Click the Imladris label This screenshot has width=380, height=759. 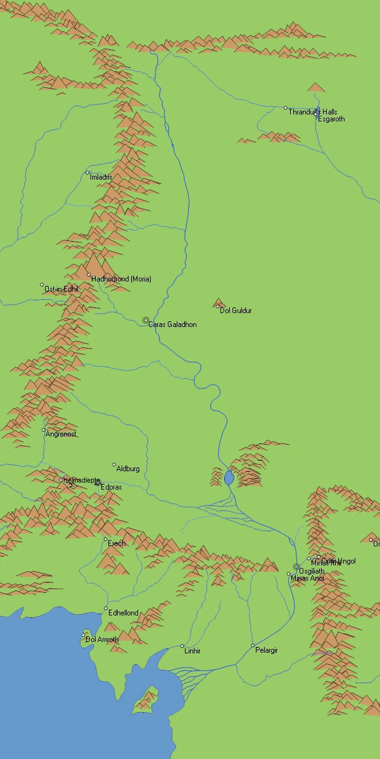101,177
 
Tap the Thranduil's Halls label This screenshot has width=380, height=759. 313,111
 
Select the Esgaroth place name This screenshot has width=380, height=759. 331,119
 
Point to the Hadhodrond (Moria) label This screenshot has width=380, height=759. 121,279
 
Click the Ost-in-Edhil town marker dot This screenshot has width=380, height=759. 42,285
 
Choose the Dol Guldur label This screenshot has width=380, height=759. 236,311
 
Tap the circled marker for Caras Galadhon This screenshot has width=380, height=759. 146,321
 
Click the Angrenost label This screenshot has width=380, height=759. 61,435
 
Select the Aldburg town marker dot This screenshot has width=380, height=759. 114,465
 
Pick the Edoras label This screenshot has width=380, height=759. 111,488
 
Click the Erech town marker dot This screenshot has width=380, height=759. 106,540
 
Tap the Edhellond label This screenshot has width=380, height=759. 123,613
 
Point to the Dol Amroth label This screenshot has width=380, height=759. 102,639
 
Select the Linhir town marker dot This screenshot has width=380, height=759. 182,646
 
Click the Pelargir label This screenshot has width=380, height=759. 267,650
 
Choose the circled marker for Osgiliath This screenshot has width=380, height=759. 296,567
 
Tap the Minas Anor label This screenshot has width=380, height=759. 308,578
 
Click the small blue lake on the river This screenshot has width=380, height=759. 229,478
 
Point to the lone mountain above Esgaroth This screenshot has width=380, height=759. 316,87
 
